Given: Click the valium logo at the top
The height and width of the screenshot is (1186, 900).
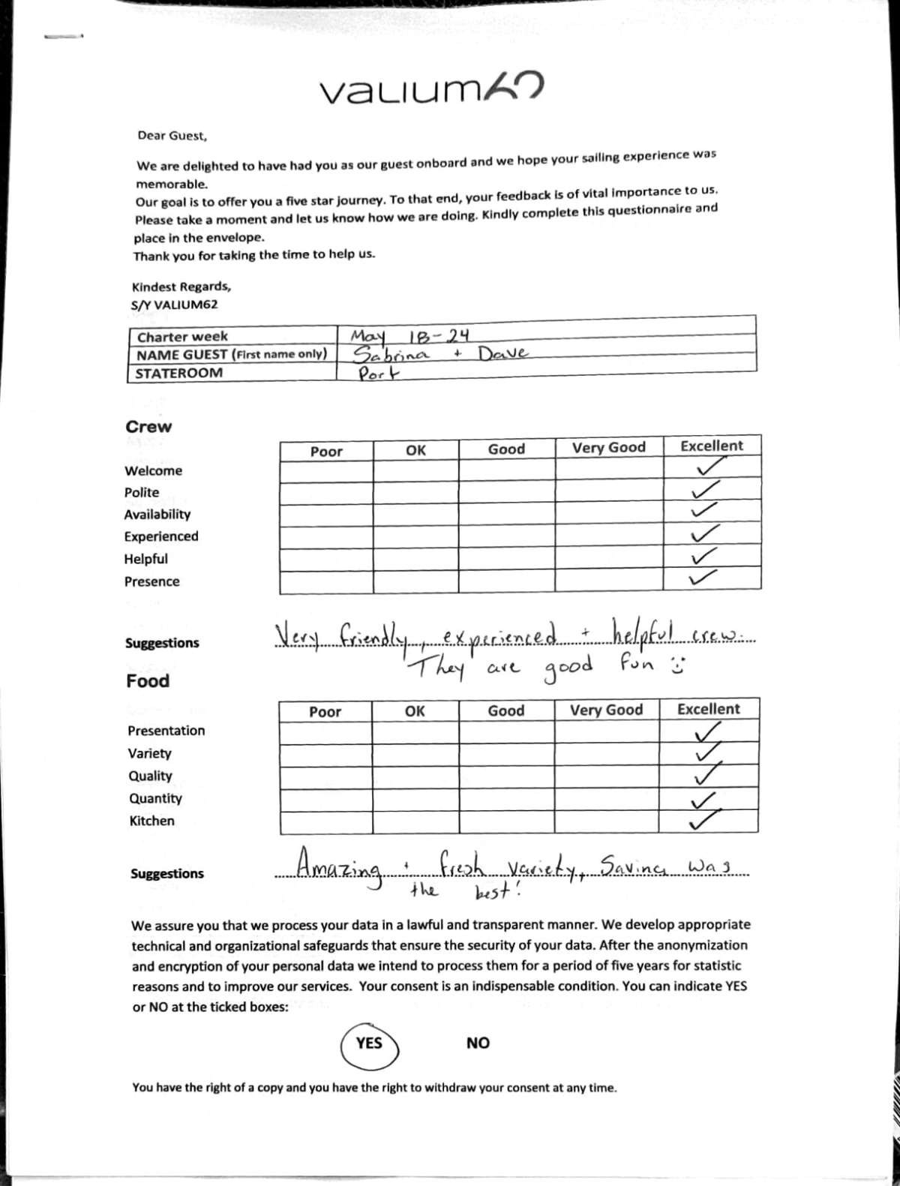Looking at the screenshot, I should click(x=431, y=89).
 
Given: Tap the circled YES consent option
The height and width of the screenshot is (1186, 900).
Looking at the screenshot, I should click(x=369, y=1043).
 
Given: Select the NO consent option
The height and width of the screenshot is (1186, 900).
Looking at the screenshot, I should click(x=478, y=1043).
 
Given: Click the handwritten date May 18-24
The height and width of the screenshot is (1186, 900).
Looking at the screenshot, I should click(x=409, y=335).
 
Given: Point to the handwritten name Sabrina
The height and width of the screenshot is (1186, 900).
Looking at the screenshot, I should click(x=391, y=354).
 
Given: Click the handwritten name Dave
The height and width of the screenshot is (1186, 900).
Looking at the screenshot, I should click(x=503, y=353).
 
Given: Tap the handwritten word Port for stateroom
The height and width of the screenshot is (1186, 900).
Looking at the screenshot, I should click(x=378, y=374).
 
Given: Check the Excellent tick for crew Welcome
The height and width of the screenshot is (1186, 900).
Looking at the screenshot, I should click(x=710, y=468).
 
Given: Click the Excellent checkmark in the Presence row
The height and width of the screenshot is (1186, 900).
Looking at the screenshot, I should click(x=702, y=578).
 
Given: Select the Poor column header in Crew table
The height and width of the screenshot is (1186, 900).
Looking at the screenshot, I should click(x=326, y=452).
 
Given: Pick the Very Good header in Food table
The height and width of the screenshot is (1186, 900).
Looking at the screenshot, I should click(x=606, y=710).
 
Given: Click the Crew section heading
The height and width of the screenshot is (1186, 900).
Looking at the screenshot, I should click(x=148, y=427).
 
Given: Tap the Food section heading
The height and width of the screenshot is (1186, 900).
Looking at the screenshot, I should click(x=148, y=681).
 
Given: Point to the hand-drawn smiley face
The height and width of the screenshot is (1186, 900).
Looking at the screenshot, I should click(x=677, y=665).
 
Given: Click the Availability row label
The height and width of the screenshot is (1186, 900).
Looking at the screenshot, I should click(x=157, y=515).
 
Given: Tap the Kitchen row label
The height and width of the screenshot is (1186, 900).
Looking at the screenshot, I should click(x=151, y=821).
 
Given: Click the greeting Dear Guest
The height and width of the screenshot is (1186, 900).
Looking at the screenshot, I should click(x=172, y=136).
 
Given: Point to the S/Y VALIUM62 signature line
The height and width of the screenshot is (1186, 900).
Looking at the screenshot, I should click(x=174, y=305).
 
